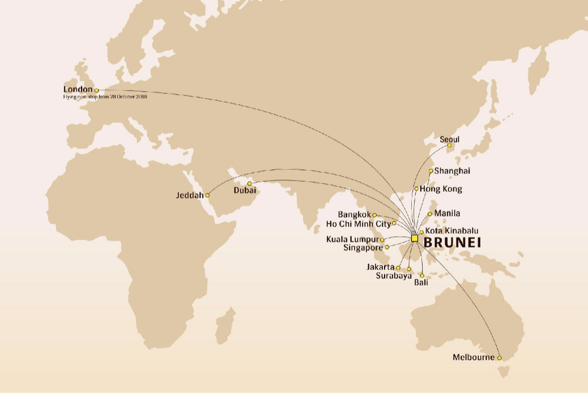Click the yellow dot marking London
(96, 91)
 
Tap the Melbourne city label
(473, 357)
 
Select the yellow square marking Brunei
(415, 238)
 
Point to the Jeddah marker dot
(207, 195)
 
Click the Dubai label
(244, 191)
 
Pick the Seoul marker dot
(449, 145)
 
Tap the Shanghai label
(452, 171)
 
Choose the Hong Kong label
(441, 189)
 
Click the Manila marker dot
(430, 214)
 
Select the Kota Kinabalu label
(451, 231)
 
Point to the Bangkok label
(355, 215)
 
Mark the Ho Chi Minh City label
(358, 223)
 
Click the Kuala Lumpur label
(353, 239)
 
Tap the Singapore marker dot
(387, 247)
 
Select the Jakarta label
(380, 268)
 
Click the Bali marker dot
(421, 275)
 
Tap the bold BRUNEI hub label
(453, 242)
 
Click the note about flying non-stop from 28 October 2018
(105, 97)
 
